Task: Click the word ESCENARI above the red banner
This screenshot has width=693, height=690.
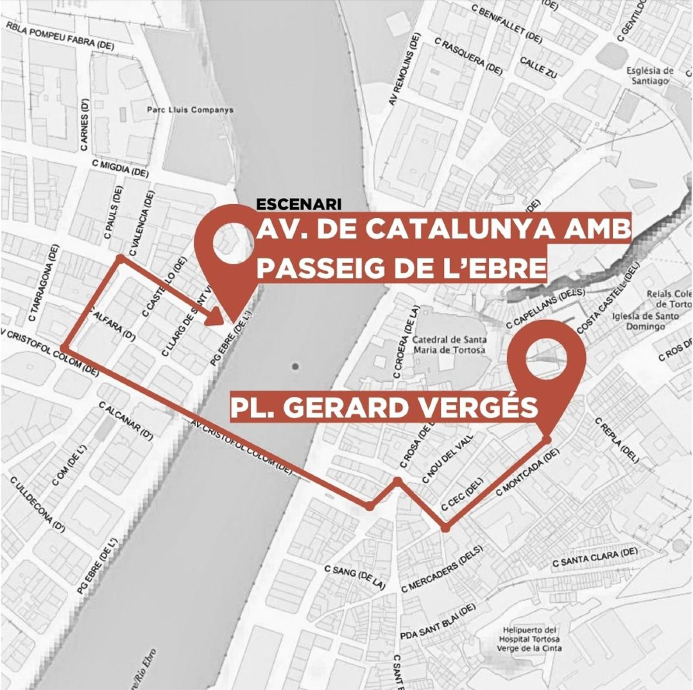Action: [x=298, y=205]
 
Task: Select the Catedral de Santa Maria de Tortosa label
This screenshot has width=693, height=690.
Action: [x=449, y=344]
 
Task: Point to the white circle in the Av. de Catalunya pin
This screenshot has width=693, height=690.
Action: [x=232, y=245]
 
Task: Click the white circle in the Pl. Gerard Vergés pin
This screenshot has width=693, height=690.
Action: [x=547, y=355]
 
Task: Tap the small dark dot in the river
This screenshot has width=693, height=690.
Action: [x=295, y=367]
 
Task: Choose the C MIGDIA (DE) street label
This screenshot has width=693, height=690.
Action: [x=120, y=169]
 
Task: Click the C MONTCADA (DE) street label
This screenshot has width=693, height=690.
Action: [x=528, y=471]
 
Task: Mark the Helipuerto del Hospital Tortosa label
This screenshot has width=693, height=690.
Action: [x=531, y=639]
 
